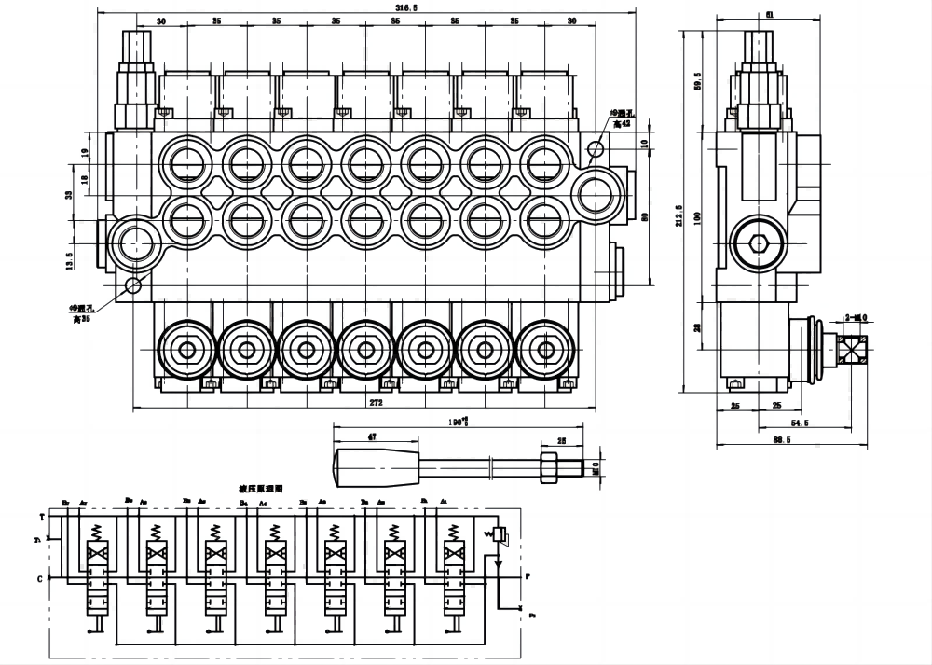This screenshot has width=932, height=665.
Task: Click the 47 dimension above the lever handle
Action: click(372, 436)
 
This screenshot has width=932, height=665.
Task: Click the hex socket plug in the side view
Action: click(758, 245)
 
